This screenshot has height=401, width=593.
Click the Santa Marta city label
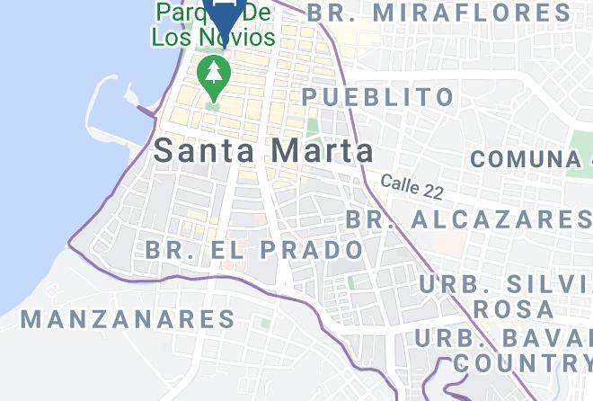tap(263, 150)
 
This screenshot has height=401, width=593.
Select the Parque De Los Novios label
tap(213, 25)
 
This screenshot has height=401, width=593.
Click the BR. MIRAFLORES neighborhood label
tap(438, 13)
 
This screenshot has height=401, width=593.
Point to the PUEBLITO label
tap(377, 96)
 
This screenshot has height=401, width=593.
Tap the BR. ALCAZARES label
tap(467, 218)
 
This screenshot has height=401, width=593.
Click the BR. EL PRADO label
tap(254, 249)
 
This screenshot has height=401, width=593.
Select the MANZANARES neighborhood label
tap(128, 318)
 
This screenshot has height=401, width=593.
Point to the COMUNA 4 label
tap(530, 159)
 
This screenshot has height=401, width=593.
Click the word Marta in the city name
tap(322, 150)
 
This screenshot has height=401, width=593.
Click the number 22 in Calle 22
tap(433, 192)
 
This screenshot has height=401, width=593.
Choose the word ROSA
tap(512, 308)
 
